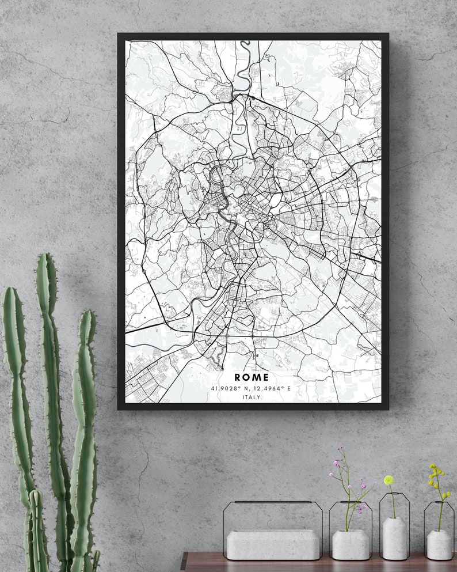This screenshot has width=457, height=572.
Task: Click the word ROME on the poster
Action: [252, 377]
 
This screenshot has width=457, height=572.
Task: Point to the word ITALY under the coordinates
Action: [252, 397]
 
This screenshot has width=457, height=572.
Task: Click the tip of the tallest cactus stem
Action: [46, 256]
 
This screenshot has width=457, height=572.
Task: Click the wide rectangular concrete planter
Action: [272, 544]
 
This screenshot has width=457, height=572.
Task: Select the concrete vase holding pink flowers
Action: [351, 544]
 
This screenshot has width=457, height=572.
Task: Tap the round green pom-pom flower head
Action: [389, 479]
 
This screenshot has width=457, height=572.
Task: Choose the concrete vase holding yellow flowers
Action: [439, 544]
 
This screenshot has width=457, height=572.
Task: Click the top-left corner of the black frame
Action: [119, 35]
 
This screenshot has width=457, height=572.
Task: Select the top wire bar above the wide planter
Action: [273, 502]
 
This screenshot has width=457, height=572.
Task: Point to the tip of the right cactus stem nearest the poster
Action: [87, 312]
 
